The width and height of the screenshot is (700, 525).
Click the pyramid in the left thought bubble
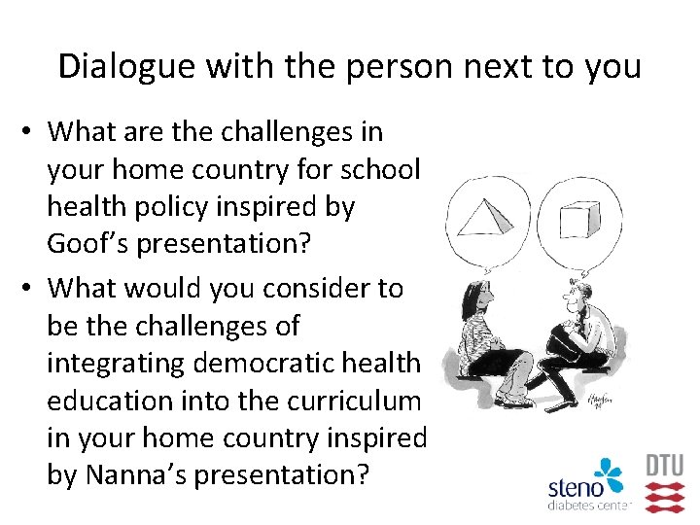pos(485,215)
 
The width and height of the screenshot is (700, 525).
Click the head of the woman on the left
pos(476,295)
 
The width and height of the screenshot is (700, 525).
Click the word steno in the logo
pos(576,488)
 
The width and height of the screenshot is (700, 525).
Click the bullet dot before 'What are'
pos(32,130)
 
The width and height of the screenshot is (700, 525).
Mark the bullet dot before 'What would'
pos(32,289)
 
